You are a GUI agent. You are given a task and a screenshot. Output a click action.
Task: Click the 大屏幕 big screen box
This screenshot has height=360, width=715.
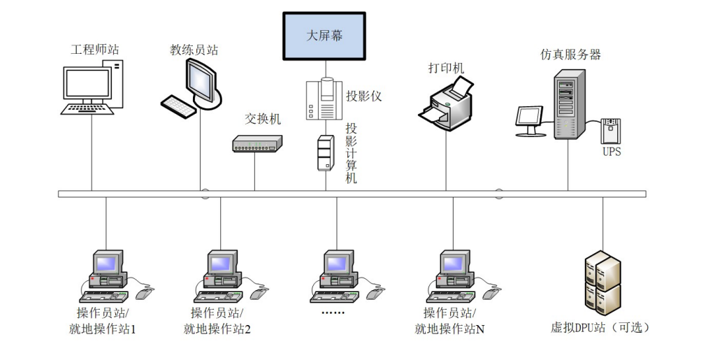(324, 36)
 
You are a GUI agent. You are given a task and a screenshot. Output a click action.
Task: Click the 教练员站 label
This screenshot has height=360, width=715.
(194, 50)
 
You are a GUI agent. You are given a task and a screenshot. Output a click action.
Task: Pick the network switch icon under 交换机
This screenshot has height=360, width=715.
(257, 144)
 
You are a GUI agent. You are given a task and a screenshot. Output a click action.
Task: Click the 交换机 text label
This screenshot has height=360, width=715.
(263, 120)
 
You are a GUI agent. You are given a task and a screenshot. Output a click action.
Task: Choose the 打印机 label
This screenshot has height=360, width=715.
(446, 68)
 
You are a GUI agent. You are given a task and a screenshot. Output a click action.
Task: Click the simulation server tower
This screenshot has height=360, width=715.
(568, 105)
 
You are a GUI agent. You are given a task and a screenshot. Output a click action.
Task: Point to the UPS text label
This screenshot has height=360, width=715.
(611, 152)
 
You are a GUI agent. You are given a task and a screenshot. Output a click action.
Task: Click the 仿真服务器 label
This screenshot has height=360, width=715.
(570, 55)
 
